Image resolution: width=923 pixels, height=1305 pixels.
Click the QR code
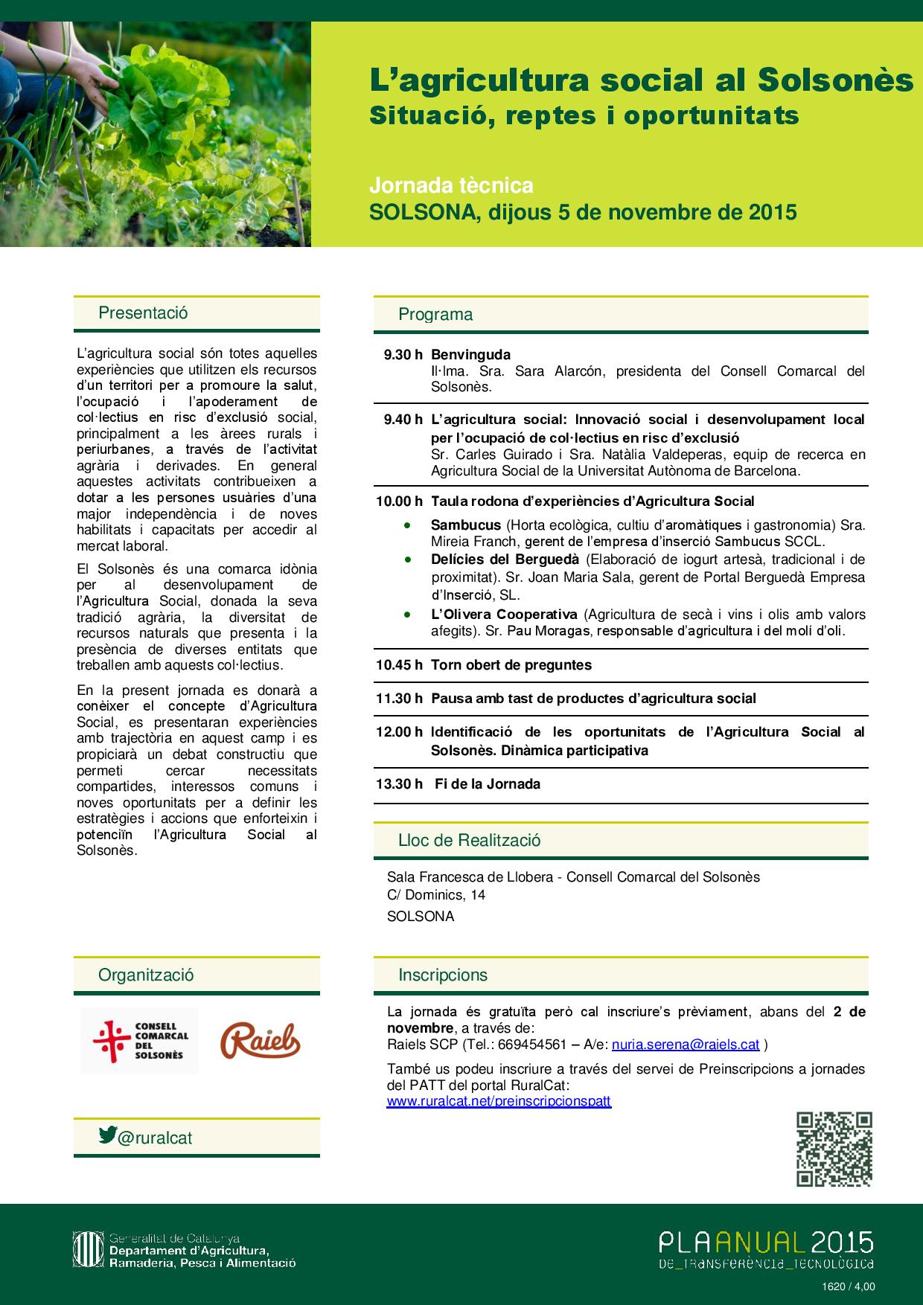834,1149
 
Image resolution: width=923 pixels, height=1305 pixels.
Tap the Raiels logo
260,1040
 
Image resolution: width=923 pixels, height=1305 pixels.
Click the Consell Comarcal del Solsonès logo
140,1040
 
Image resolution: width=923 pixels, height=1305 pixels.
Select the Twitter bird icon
108,1135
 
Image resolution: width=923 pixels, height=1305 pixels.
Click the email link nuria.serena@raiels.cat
685,1045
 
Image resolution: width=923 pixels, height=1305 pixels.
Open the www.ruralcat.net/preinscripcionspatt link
499,1101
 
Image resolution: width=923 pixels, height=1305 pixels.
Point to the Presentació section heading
143,313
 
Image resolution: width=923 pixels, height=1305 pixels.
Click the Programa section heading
435,315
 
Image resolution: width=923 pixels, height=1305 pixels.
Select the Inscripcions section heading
443,975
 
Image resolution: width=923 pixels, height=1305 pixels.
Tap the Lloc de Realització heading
469,841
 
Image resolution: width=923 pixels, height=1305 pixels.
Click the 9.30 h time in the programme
403,355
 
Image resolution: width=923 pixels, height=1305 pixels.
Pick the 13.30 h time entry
400,783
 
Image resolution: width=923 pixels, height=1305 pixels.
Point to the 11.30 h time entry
400,699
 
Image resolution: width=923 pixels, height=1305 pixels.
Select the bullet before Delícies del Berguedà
407,559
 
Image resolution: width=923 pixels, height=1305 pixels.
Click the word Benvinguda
470,355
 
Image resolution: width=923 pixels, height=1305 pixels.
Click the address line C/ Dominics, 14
436,895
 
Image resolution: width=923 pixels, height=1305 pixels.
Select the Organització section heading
146,975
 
